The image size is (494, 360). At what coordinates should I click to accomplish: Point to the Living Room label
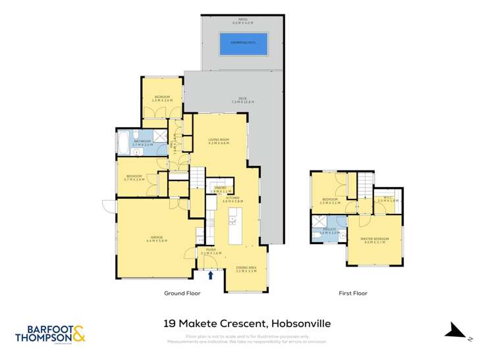pyautogui.click(x=219, y=141)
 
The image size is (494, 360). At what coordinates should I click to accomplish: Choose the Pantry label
pyautogui.click(x=220, y=189)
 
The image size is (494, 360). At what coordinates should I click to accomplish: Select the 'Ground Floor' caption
pyautogui.click(x=182, y=294)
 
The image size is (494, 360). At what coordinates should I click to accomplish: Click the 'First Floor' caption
pyautogui.click(x=352, y=294)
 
